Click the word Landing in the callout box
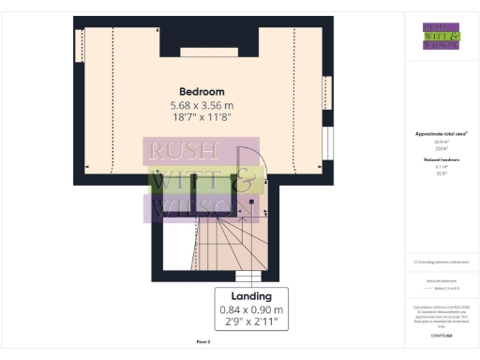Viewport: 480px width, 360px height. coord(250,296)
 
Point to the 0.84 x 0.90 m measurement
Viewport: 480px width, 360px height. coord(250,309)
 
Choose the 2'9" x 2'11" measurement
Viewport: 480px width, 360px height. coord(250,322)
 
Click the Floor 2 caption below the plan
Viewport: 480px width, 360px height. coord(202,343)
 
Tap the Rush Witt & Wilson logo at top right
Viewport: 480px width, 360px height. coord(441,35)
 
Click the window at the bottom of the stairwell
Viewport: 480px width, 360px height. coord(247,277)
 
